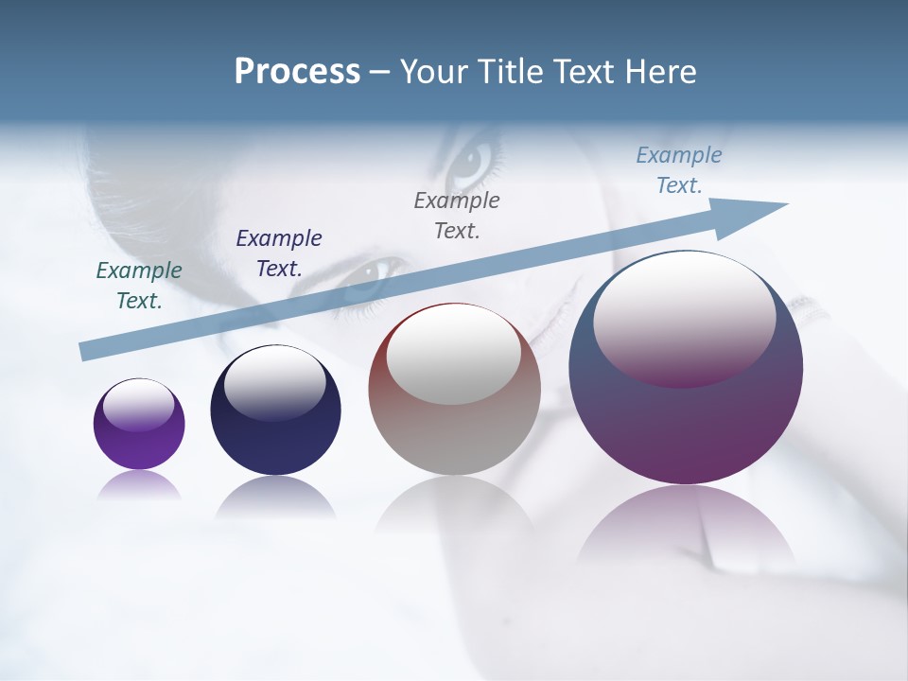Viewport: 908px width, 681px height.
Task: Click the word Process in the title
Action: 297,72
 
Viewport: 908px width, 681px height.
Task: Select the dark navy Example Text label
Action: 279,253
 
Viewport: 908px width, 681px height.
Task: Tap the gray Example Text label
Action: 457,215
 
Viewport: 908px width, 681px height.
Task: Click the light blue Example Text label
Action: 679,170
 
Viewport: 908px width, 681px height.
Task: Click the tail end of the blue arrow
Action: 87,352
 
